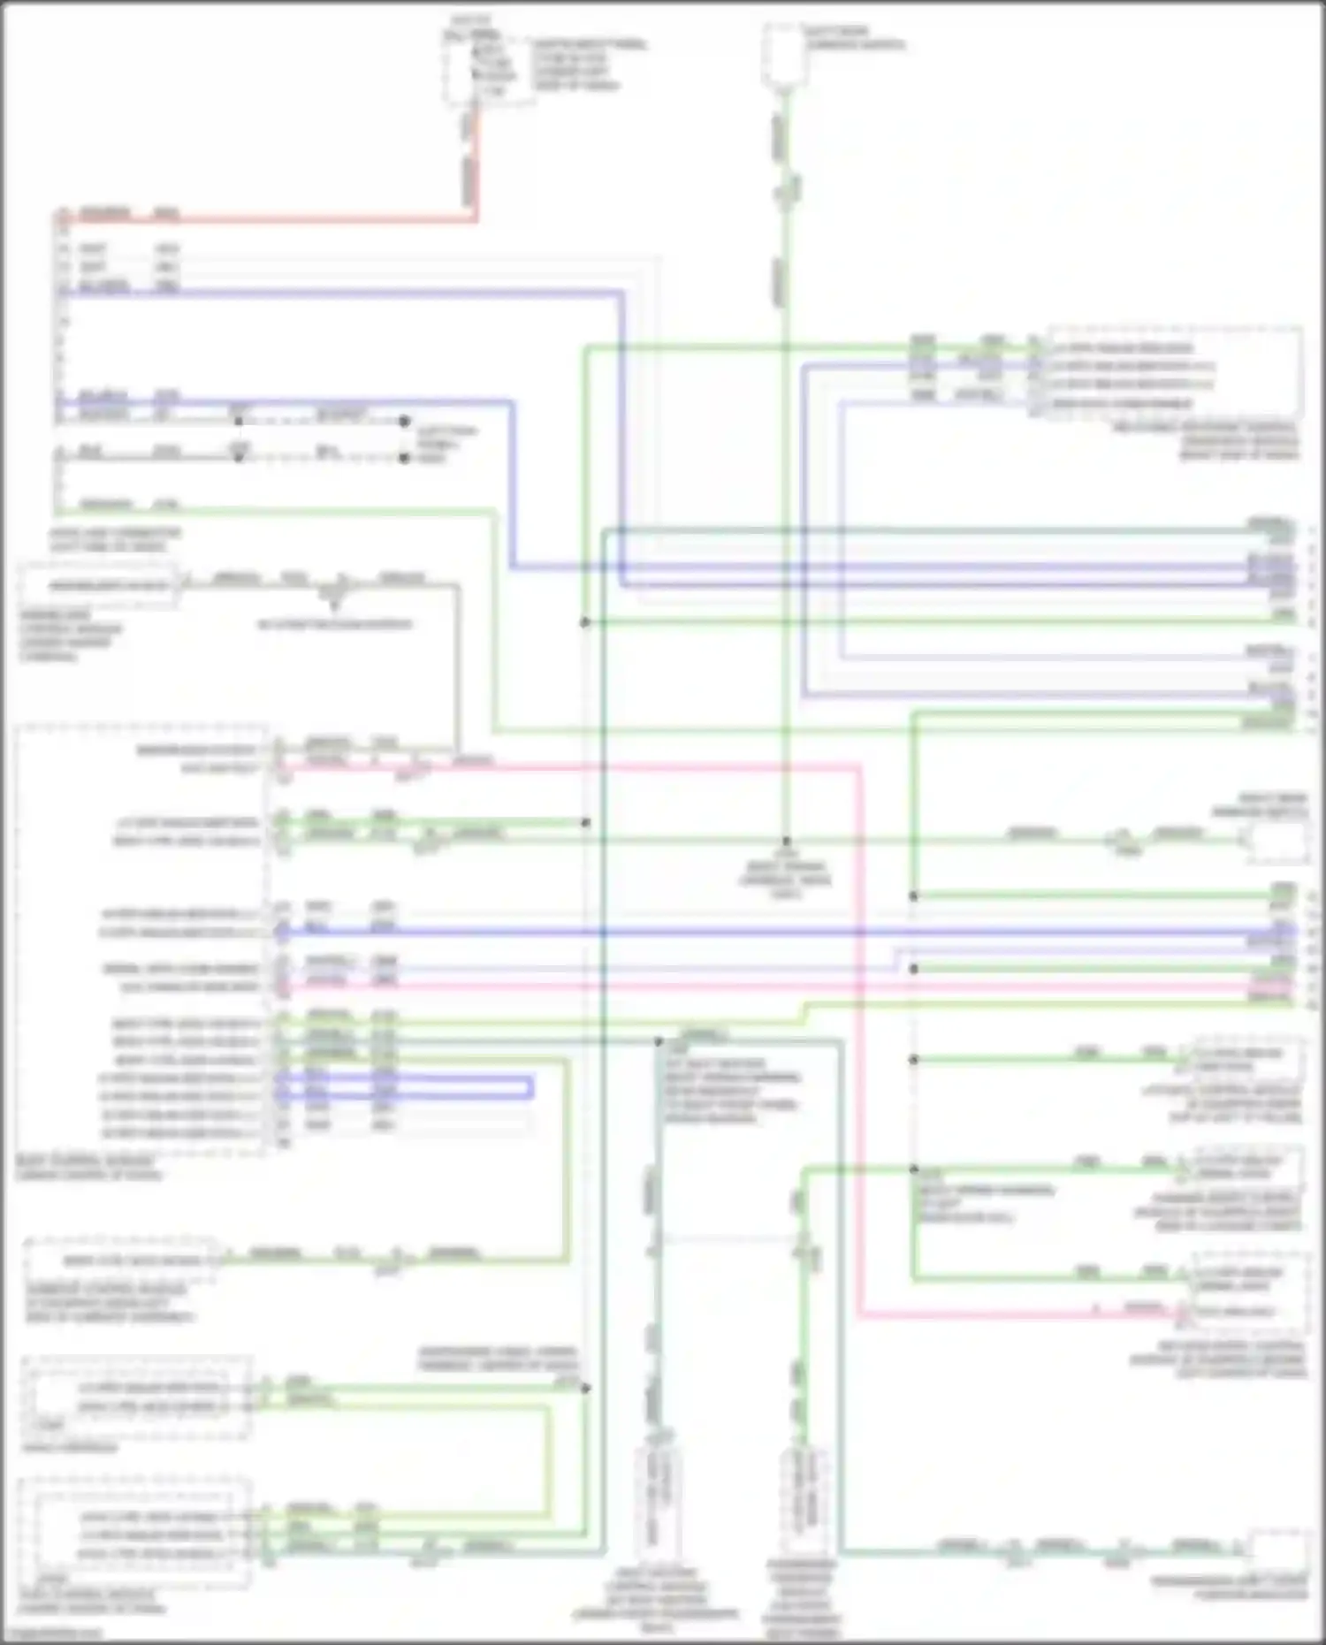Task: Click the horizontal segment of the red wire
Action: (x=265, y=218)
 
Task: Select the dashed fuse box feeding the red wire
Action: (x=487, y=67)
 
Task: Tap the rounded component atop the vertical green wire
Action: (x=784, y=55)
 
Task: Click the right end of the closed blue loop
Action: (x=531, y=1087)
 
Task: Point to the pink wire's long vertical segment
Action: (x=858, y=1043)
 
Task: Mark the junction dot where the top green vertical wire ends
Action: (x=786, y=842)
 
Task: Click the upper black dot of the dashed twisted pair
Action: (x=404, y=422)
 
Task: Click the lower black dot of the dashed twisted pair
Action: (x=404, y=458)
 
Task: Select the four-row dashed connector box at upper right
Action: (x=1174, y=372)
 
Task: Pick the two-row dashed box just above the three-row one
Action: (x=136, y=1397)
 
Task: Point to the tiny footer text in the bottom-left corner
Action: (x=53, y=1634)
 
